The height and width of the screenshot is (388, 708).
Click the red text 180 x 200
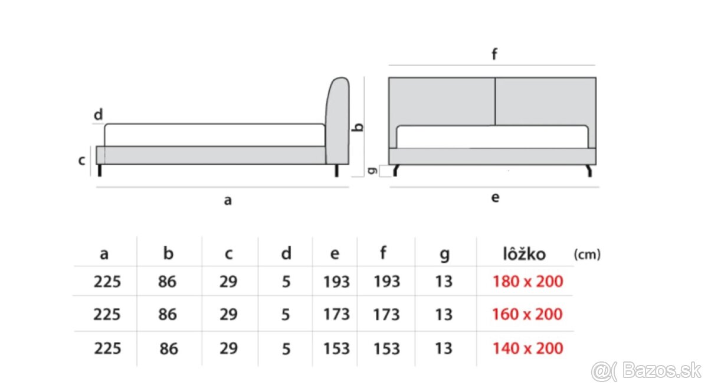pyautogui.click(x=527, y=281)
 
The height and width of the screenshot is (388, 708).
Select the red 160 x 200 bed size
pyautogui.click(x=527, y=314)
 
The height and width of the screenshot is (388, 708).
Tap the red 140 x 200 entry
pyautogui.click(x=527, y=348)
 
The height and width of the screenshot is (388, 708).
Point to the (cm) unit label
pyautogui.click(x=586, y=254)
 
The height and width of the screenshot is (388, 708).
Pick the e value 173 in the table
pyautogui.click(x=336, y=314)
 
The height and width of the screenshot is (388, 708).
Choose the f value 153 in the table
pyautogui.click(x=386, y=348)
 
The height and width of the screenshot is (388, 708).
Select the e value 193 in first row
pyautogui.click(x=336, y=281)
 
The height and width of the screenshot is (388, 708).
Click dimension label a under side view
pyautogui.click(x=228, y=201)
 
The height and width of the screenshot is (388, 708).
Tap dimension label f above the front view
pyautogui.click(x=494, y=55)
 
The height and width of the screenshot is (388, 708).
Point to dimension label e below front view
pyautogui.click(x=495, y=198)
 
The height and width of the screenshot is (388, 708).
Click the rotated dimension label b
pyautogui.click(x=356, y=126)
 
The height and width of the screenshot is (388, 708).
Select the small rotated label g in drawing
pyautogui.click(x=371, y=171)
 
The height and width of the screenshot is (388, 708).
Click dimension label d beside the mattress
pyautogui.click(x=98, y=115)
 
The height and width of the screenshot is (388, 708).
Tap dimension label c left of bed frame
pyautogui.click(x=83, y=160)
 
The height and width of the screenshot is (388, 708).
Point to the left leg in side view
pyautogui.click(x=100, y=170)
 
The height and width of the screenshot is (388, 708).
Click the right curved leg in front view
pyautogui.click(x=588, y=171)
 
